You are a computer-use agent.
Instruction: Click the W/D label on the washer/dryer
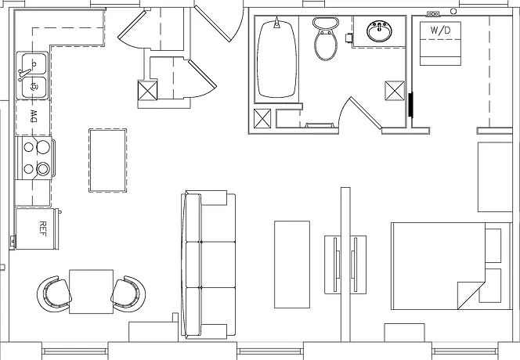pyautogui.click(x=440, y=31)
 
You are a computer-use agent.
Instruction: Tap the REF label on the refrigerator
pyautogui.click(x=43, y=229)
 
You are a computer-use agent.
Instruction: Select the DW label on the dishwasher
pyautogui.click(x=34, y=116)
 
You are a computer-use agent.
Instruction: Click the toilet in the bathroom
pyautogui.click(x=325, y=38)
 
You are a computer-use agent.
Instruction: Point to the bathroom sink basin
pyautogui.click(x=379, y=31)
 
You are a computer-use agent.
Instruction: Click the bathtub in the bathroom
pyautogui.click(x=277, y=59)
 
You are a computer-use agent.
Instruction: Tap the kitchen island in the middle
pyautogui.click(x=107, y=160)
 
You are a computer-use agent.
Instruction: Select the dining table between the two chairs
pyautogui.click(x=91, y=292)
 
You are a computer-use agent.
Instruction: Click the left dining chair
pyautogui.click(x=54, y=293)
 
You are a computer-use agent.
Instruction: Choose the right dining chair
pyautogui.click(x=128, y=293)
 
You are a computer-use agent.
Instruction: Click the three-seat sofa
pyautogui.click(x=208, y=265)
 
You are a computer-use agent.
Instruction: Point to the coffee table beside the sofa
pyautogui.click(x=292, y=265)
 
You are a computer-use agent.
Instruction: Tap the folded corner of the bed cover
pyautogui.click(x=468, y=295)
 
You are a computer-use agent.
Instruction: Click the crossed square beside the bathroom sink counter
pyautogui.click(x=395, y=90)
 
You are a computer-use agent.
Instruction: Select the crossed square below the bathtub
pyautogui.click(x=262, y=118)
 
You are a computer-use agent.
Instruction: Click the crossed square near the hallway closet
pyautogui.click(x=147, y=90)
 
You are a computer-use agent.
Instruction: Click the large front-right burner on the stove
pyautogui.click(x=43, y=169)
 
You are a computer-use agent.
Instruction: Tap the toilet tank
pyautogui.click(x=325, y=23)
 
